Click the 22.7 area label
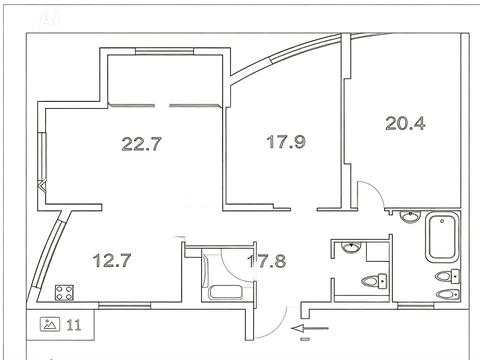pos(141,144)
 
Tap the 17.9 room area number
pos(286,142)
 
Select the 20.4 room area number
pos(405,123)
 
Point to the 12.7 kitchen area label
pos(112,260)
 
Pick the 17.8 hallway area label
pos(267,261)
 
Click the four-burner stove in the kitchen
pos(64,293)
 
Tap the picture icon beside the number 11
pos(50,324)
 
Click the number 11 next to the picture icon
pos(74,325)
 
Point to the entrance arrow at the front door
pos(310,328)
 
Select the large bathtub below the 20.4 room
pos(442,238)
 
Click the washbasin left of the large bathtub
pos(410,217)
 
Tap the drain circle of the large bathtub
pos(442,221)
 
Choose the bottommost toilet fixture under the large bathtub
pos(448,295)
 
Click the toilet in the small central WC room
pos(374,281)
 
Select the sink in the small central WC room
pos(352,247)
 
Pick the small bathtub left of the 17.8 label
pos(227,292)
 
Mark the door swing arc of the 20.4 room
pos(376,190)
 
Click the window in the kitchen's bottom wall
pos(125,305)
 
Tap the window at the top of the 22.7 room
pos(164,51)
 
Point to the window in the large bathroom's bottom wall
pos(416,305)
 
